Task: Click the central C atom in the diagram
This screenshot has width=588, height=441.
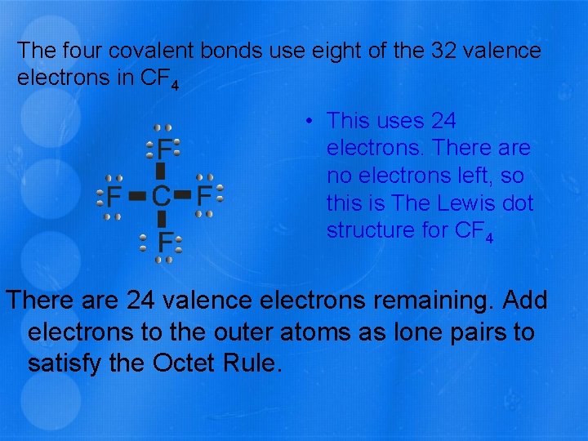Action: coord(161,195)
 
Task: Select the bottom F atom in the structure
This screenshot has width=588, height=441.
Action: coord(164,241)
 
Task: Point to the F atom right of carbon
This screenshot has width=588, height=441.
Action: coord(204,195)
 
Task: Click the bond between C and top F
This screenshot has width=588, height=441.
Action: coord(161,171)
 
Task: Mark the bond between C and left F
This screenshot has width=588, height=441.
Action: coord(137,196)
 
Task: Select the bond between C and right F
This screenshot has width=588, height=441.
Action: coord(183,195)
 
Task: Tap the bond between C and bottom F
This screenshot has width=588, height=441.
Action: coord(162,218)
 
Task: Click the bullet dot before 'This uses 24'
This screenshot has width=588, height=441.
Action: coord(311,122)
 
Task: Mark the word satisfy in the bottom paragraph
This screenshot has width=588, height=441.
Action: coord(61,361)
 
